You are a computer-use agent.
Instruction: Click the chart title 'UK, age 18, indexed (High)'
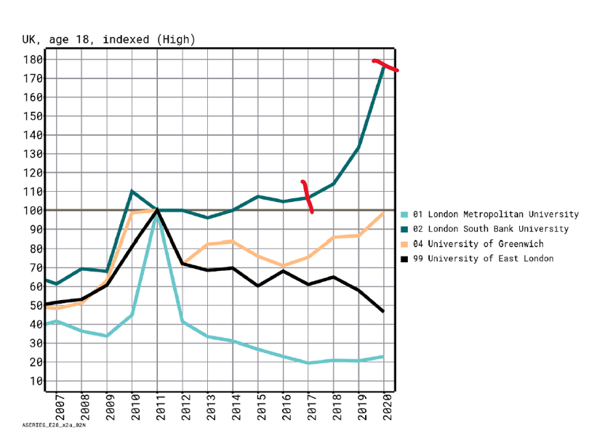click(x=108, y=39)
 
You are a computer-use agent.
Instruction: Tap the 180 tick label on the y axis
click(x=33, y=59)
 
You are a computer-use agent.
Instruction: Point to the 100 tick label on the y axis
click(x=33, y=211)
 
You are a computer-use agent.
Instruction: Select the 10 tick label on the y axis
click(x=36, y=381)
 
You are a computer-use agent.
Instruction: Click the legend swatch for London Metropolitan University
click(x=404, y=214)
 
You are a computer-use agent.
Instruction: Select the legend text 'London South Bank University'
click(x=495, y=229)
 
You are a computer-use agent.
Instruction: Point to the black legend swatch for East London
click(x=404, y=259)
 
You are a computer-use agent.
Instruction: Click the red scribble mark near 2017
click(x=308, y=196)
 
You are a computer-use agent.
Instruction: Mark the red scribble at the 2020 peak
click(x=385, y=65)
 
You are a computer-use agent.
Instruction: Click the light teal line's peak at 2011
click(x=156, y=213)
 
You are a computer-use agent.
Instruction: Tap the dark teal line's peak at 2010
click(x=132, y=191)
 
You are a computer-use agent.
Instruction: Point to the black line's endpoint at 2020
click(x=383, y=311)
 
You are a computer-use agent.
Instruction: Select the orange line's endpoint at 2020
click(x=383, y=212)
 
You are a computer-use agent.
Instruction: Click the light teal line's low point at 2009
click(x=107, y=336)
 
